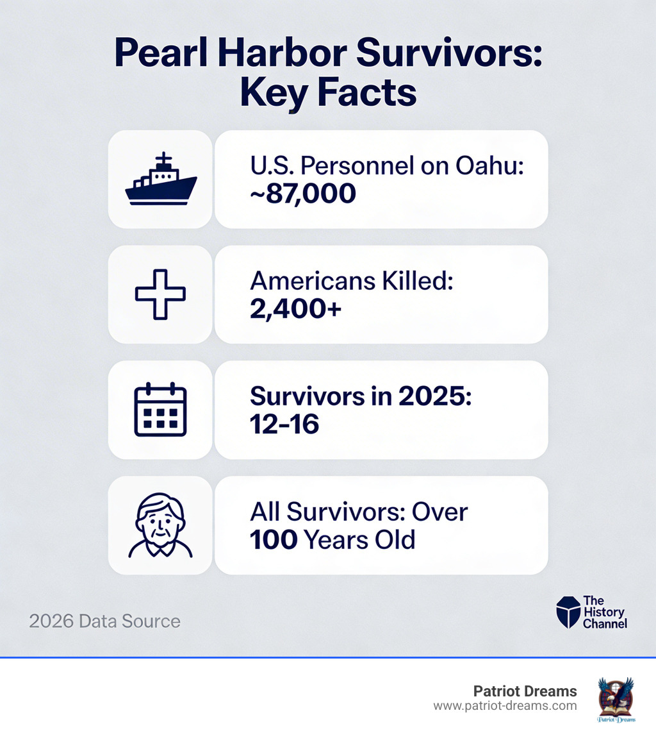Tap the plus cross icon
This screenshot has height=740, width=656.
coord(160,294)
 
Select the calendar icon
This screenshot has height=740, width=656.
coord(160,410)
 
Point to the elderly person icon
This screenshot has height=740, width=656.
coord(160,525)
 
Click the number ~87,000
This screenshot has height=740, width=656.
coord(303,193)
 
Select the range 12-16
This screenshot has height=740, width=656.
coord(284,424)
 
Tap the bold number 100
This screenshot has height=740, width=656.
coord(274,539)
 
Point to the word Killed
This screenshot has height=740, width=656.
coord(414,281)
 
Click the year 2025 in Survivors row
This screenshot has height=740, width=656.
coord(435,396)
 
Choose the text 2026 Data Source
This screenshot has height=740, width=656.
coord(104,621)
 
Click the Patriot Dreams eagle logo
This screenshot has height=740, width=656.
coord(615,700)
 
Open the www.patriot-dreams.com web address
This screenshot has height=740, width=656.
coord(505,705)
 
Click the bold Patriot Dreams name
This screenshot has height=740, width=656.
coord(525,691)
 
